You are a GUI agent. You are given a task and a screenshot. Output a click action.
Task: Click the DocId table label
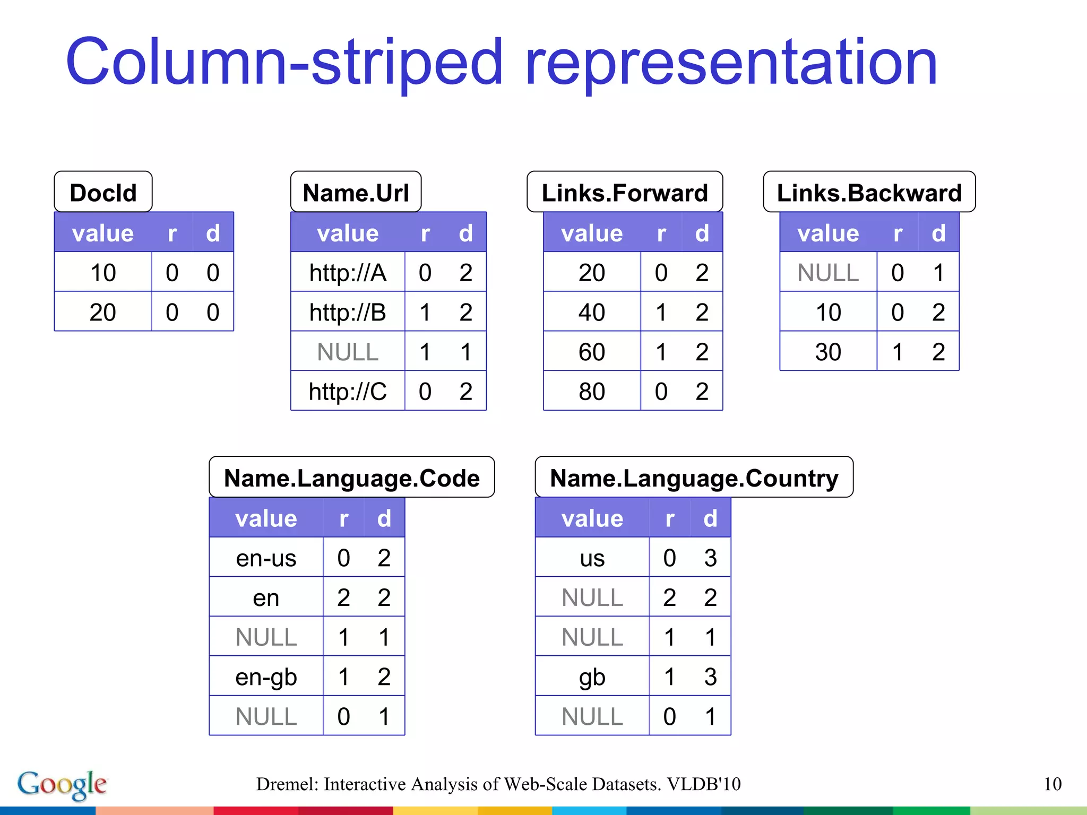click(x=103, y=192)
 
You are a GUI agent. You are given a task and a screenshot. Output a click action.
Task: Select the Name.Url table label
click(x=356, y=192)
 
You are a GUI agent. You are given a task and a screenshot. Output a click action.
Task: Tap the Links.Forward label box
click(x=625, y=192)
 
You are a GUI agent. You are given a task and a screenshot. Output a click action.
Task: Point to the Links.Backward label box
click(x=869, y=192)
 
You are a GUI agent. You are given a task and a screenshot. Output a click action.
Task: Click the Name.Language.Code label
click(x=351, y=478)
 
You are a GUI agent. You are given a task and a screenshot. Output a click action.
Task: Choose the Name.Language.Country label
click(x=694, y=478)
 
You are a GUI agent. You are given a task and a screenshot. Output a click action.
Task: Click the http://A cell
click(x=348, y=273)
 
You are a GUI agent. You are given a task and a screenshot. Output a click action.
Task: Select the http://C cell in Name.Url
click(x=348, y=392)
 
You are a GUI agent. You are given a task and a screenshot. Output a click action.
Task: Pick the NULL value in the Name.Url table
click(x=348, y=352)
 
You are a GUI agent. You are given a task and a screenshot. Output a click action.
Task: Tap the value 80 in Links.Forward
click(x=592, y=392)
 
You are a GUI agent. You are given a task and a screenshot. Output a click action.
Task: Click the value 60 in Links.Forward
click(x=592, y=352)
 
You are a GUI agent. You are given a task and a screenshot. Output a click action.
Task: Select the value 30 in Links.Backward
click(x=828, y=352)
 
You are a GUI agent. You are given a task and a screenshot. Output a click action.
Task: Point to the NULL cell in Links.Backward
click(x=828, y=273)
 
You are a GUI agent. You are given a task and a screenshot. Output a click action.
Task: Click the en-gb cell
click(x=266, y=677)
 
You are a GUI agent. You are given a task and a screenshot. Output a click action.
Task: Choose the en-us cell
click(x=266, y=558)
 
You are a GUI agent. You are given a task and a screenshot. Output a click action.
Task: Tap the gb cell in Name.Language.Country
click(x=592, y=677)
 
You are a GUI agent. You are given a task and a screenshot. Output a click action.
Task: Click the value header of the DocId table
click(x=103, y=233)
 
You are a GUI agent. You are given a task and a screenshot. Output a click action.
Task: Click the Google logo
click(x=62, y=784)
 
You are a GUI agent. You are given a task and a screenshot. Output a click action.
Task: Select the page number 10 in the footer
click(x=1053, y=784)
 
